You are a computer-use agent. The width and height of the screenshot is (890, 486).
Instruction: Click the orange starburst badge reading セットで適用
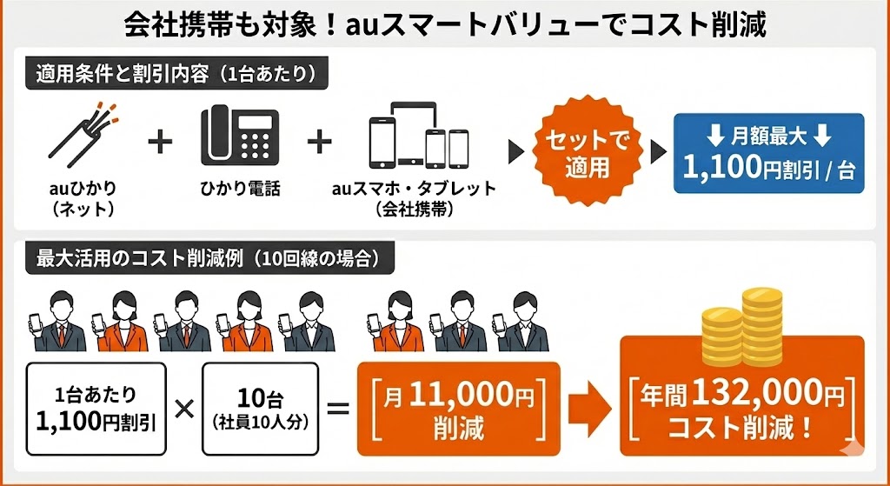coord(588,151)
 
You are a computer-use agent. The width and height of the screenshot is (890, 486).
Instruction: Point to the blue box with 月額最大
coord(769,152)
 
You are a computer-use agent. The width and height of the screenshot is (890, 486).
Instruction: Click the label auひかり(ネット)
coord(83,198)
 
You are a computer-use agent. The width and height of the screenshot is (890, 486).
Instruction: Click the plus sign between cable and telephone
coord(159,142)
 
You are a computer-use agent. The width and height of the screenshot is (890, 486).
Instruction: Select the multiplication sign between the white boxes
coord(184,408)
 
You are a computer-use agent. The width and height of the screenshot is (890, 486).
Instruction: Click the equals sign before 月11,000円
coord(338,408)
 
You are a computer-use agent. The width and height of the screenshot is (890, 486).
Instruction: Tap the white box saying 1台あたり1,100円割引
coord(96,408)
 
